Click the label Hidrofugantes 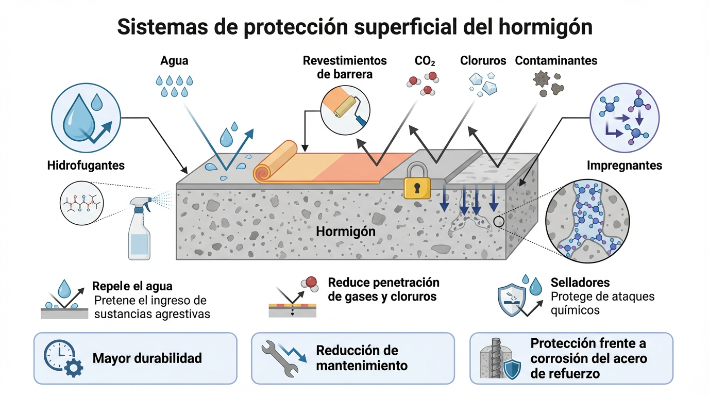tap(86, 166)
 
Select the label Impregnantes tap(624, 166)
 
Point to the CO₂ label tap(425, 61)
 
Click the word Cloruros tap(483, 60)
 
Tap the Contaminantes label tap(556, 60)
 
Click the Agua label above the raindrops tap(174, 61)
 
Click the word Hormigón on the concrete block tap(346, 232)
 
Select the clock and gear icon tap(63, 358)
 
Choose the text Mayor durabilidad tap(147, 358)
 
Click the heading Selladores tap(580, 282)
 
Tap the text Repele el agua tap(132, 286)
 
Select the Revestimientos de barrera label tap(345, 68)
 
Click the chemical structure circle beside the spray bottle tap(81, 203)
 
